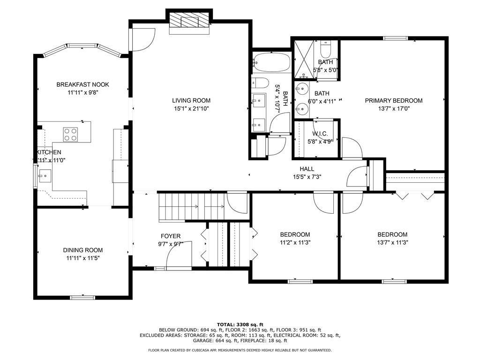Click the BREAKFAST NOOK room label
click(x=82, y=84)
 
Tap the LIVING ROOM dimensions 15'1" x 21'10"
click(x=191, y=108)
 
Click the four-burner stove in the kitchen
click(x=70, y=135)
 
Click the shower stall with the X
click(x=304, y=59)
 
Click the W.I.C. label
click(x=320, y=134)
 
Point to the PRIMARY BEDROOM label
click(x=394, y=100)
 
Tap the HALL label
click(x=307, y=169)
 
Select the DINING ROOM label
click(x=83, y=250)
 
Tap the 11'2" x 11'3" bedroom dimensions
click(x=295, y=242)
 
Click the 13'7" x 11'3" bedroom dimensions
click(x=393, y=242)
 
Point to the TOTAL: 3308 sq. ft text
click(x=240, y=324)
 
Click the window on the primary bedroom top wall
click(x=395, y=38)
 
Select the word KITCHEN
click(x=49, y=152)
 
